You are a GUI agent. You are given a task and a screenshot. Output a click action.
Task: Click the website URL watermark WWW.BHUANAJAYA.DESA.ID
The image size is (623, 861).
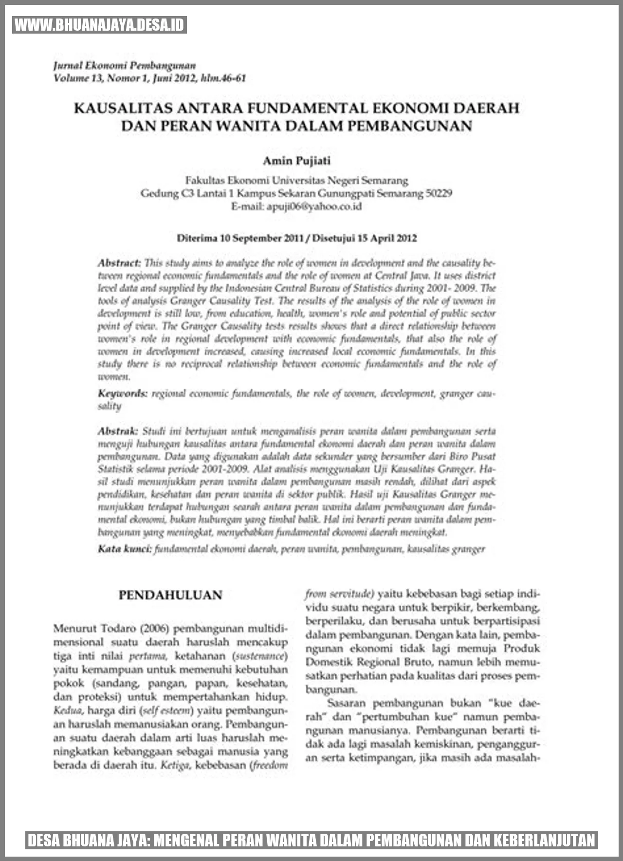[100, 25]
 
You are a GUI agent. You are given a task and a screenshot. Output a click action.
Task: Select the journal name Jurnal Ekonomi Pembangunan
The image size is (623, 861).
[125, 66]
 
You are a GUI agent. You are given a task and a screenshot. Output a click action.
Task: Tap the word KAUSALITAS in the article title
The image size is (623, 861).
[121, 108]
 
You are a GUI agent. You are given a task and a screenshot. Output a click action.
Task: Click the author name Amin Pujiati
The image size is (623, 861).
[296, 160]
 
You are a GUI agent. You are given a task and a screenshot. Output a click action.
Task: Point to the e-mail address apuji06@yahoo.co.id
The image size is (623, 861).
[314, 206]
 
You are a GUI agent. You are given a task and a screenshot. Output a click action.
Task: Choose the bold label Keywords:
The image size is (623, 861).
[123, 393]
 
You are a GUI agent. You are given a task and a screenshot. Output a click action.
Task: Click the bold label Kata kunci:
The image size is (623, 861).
[125, 549]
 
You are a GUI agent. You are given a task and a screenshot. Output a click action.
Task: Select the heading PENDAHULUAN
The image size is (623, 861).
[170, 595]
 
